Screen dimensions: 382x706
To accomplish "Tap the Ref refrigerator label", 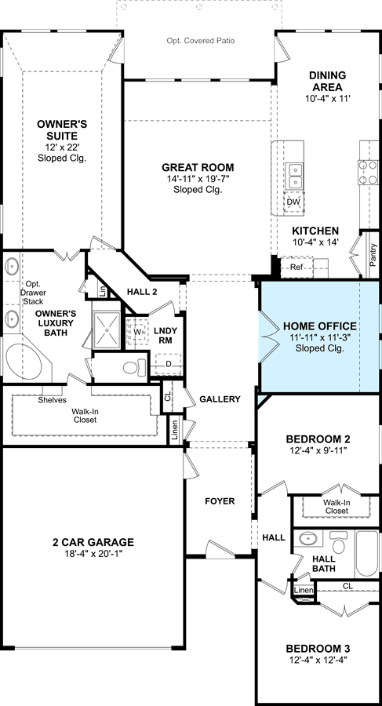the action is (x=296, y=267).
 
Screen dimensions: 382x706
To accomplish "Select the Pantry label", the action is (x=373, y=255).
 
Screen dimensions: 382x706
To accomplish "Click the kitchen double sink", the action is (x=294, y=176).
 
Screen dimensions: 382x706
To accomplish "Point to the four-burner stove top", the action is (x=368, y=173).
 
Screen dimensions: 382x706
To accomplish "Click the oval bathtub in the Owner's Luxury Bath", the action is (x=24, y=361).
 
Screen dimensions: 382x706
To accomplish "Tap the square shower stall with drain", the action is (x=107, y=329).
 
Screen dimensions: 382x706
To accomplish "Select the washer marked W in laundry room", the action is (x=137, y=333).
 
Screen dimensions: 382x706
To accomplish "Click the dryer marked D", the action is (x=168, y=364).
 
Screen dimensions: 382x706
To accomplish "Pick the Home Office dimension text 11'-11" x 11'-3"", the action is (x=320, y=337).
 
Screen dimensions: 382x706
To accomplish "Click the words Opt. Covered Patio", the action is (x=201, y=41).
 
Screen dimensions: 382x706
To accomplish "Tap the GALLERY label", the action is (x=220, y=399).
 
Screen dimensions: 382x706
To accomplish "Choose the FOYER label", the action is (x=220, y=501).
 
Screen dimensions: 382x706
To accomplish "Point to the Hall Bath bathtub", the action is (x=366, y=553).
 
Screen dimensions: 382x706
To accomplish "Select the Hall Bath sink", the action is (x=308, y=538).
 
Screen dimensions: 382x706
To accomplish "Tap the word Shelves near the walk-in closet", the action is (x=53, y=400).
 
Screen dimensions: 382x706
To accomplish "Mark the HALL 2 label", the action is (x=141, y=292).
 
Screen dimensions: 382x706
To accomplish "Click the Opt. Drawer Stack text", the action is (x=35, y=293).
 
